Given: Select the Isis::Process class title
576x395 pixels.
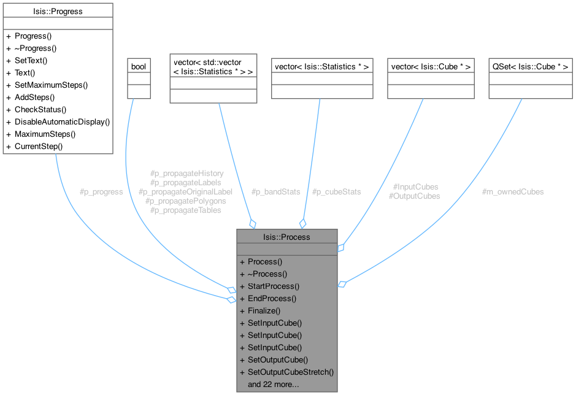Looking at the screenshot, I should coord(286,237).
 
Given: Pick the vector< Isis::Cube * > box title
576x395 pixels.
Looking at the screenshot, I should coord(431,66).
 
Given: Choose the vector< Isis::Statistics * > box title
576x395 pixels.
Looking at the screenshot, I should coord(322,66).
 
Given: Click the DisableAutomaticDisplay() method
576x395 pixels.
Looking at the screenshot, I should coord(62,121).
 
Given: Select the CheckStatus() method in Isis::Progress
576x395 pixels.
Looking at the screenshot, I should coord(40,109).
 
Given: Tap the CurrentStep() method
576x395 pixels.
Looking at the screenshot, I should coord(39,146).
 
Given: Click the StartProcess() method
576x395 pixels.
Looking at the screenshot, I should coord(274,286).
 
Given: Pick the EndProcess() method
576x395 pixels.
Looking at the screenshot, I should coord(272,299).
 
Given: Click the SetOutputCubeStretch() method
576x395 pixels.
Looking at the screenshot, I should coord(290,372).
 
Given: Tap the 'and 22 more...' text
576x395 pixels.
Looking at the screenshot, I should coord(273,385).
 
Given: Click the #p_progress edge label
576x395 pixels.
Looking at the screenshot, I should coord(101,191).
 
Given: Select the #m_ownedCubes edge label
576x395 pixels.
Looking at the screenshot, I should coord(513,191).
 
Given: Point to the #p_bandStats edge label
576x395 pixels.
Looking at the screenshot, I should coord(275,191).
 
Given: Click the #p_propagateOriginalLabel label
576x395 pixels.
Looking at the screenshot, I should coord(186,191).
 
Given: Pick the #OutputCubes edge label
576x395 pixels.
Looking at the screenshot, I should coord(414,196).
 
